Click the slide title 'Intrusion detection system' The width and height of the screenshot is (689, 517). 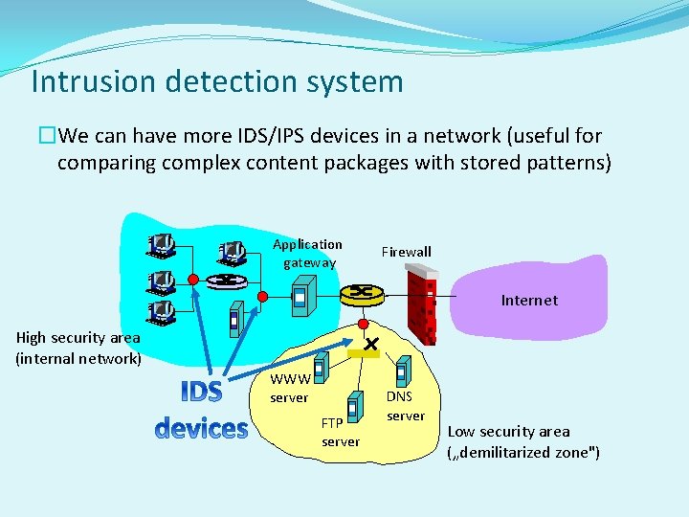[216, 81]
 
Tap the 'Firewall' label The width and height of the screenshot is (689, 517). [406, 252]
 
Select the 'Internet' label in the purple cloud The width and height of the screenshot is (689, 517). [528, 300]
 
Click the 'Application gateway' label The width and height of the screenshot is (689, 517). [307, 253]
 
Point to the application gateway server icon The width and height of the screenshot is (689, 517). [301, 294]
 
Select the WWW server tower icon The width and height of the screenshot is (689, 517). [322, 367]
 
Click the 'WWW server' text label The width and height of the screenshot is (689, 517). [288, 388]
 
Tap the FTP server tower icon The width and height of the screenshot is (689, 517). [355, 406]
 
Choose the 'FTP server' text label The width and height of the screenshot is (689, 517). [340, 432]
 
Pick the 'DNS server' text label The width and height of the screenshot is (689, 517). [405, 406]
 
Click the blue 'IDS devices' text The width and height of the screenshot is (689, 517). [201, 410]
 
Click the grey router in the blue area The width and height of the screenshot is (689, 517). [227, 280]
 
